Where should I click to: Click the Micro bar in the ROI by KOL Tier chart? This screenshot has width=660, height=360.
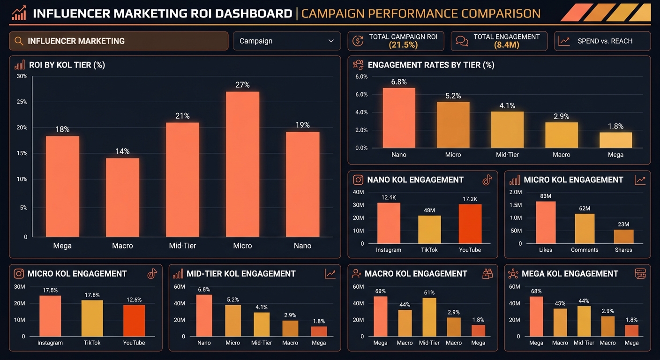pos(242,164)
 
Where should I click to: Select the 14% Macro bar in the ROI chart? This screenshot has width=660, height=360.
pos(122,197)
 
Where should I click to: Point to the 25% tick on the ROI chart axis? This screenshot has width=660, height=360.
pos(22,102)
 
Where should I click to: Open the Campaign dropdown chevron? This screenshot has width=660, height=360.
pos(331,41)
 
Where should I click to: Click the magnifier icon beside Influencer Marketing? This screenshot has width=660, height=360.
pos(19,41)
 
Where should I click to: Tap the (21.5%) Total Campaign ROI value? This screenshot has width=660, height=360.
pos(403,45)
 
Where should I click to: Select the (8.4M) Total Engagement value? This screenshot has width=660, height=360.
pos(507,45)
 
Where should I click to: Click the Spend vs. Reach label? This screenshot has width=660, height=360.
pos(605,41)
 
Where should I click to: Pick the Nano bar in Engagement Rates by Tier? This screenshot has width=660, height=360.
pos(399,118)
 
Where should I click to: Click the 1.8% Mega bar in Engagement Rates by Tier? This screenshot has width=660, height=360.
pos(616,140)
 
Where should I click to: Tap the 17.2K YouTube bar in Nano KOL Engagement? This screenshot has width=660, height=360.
pos(470,224)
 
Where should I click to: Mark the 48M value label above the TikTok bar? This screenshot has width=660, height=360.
pos(429,210)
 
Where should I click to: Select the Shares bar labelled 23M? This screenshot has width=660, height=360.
pos(623,236)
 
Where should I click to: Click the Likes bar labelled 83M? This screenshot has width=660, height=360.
pos(546,223)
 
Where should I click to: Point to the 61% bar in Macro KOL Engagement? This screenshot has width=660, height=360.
pos(429,317)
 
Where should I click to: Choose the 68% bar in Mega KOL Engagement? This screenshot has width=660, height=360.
pos(536,316)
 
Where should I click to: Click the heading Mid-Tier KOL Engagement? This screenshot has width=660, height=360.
pos(241,274)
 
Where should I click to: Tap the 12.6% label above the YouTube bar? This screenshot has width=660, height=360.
pos(134,300)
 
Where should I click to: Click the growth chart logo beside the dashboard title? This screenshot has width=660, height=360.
pos(19,13)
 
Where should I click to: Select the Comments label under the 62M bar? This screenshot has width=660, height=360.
pos(585,250)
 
